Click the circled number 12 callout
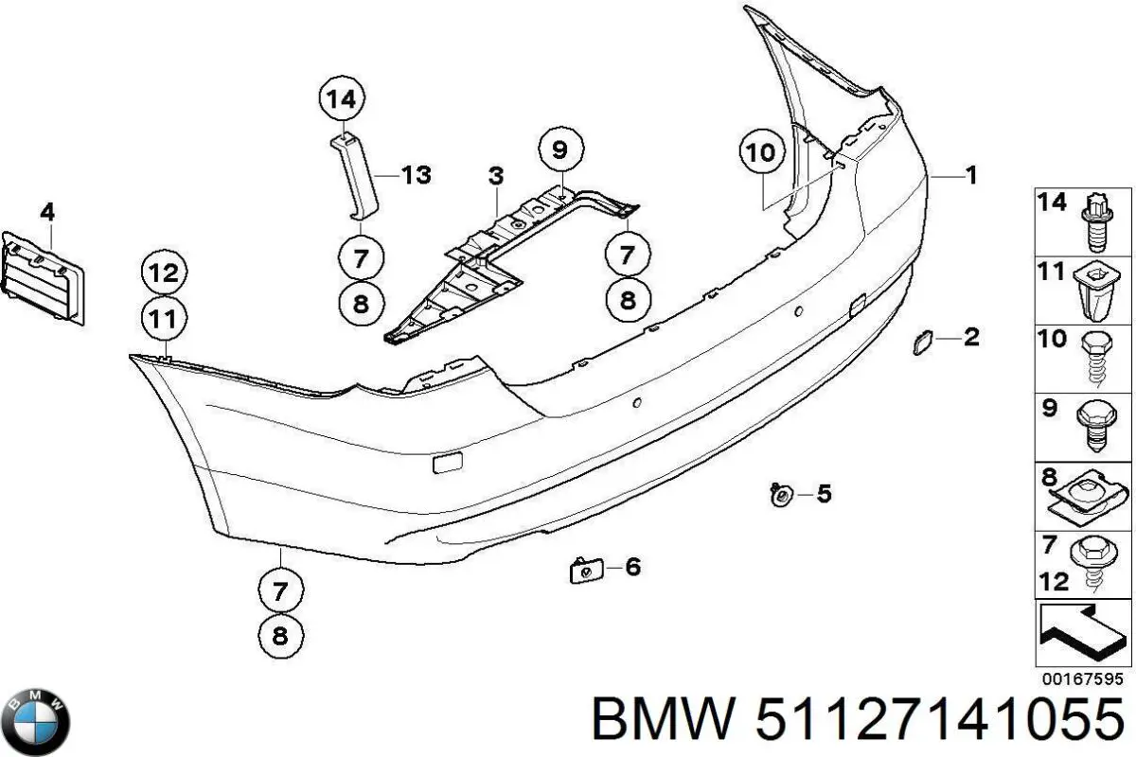click(164, 274)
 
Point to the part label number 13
click(416, 175)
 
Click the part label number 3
click(496, 176)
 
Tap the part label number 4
click(47, 213)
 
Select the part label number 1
click(970, 175)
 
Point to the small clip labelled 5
click(782, 494)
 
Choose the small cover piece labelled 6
click(582, 570)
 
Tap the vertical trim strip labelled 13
click(355, 180)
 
